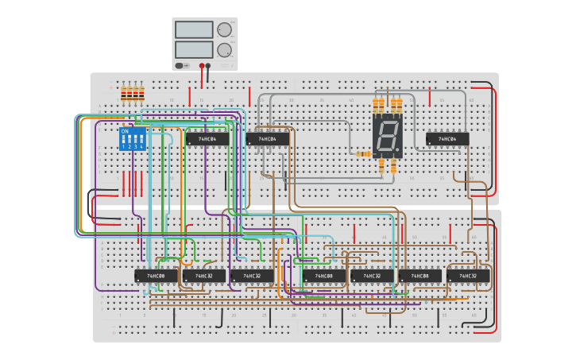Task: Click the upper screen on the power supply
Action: (195, 29)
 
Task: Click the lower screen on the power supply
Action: (195, 49)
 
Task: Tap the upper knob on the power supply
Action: (225, 29)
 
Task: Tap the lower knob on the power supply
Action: (225, 49)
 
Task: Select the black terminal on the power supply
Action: (202, 66)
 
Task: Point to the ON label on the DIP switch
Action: (125, 131)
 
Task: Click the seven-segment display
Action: (387, 135)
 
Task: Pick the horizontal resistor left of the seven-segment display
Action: (364, 153)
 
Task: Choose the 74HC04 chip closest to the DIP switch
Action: (207, 139)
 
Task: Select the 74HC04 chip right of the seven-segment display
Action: (447, 139)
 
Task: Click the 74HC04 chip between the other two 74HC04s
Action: (267, 139)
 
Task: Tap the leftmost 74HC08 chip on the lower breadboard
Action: (156, 276)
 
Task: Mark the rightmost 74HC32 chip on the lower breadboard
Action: (468, 276)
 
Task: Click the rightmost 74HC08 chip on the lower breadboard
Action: (419, 276)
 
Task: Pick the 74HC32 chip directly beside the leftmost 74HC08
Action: (203, 276)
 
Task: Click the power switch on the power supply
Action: (180, 65)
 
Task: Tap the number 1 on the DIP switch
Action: (124, 147)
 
